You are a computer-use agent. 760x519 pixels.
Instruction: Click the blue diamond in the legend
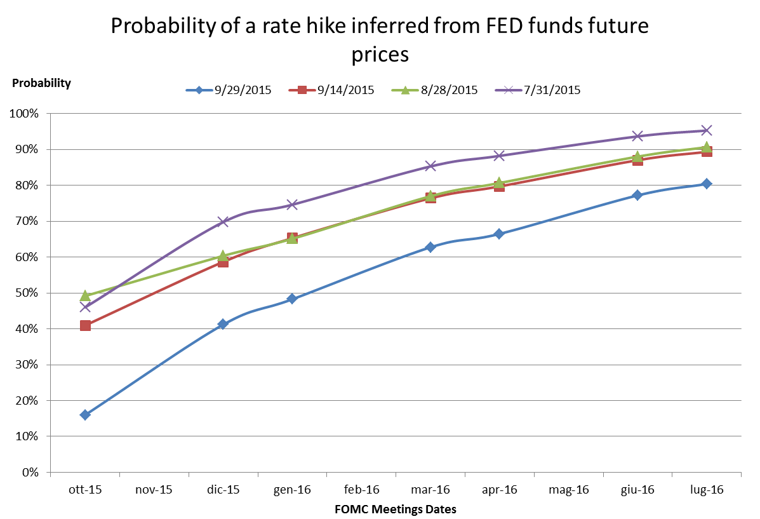click(x=199, y=90)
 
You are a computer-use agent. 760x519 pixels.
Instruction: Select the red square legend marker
click(x=302, y=90)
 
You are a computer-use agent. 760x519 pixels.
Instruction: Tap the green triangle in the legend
click(x=405, y=90)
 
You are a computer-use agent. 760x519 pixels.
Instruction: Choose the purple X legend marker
click(x=509, y=90)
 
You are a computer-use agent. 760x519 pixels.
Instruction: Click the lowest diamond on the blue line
click(x=85, y=415)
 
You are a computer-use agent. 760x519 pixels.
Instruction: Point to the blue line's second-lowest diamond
click(x=222, y=324)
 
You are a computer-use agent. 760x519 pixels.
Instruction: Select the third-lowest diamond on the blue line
click(x=292, y=299)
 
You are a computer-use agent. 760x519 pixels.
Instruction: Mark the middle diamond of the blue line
click(x=430, y=247)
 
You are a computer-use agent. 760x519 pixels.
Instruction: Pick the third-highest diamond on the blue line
click(x=499, y=234)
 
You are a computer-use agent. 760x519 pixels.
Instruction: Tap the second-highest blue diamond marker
click(x=637, y=195)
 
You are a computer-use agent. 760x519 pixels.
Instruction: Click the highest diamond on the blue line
click(x=706, y=184)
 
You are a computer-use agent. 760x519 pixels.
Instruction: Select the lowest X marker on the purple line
click(x=85, y=307)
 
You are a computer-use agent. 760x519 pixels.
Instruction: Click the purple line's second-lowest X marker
click(x=223, y=222)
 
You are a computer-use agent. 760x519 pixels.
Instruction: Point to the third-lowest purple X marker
click(x=292, y=205)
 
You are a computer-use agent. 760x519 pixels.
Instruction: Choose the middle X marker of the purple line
click(x=430, y=166)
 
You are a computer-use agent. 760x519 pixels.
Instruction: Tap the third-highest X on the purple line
click(x=499, y=156)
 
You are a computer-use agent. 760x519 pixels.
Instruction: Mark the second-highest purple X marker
click(x=637, y=136)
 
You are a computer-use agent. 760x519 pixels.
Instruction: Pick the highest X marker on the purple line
click(x=706, y=130)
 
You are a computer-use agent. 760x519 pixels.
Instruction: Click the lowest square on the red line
click(x=85, y=325)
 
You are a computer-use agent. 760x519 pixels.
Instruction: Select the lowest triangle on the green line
click(x=85, y=296)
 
